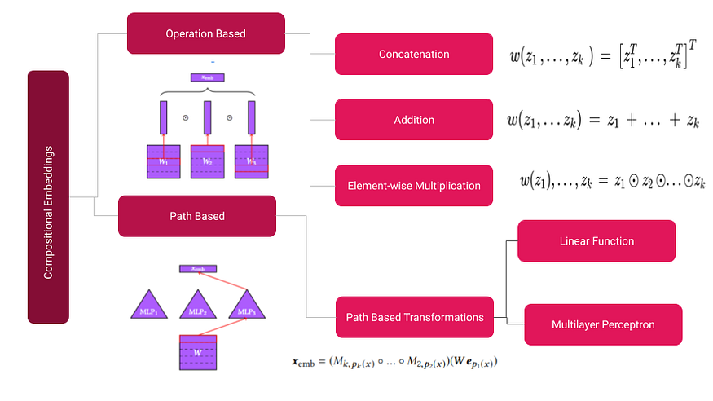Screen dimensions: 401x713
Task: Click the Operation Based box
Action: [205, 33]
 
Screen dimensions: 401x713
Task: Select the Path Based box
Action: [197, 216]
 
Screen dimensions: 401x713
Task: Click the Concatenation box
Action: [414, 55]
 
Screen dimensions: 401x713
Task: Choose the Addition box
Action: [414, 120]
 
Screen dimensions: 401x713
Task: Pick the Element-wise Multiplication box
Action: [414, 185]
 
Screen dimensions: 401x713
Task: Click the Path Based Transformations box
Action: [415, 317]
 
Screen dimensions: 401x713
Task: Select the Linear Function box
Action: [596, 241]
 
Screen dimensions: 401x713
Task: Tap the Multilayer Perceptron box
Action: [601, 324]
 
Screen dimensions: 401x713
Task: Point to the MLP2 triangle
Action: [197, 306]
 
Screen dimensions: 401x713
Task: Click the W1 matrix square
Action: [163, 161]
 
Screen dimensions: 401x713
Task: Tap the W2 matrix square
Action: [207, 161]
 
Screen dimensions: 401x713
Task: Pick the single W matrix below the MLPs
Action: [198, 353]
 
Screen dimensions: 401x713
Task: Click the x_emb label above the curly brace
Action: [207, 78]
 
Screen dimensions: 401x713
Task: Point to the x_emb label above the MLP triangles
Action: [198, 268]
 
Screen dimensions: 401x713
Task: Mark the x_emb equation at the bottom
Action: [394, 360]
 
